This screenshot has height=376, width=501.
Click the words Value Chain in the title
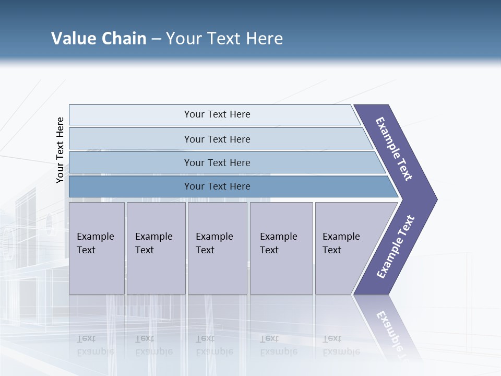[x=99, y=39]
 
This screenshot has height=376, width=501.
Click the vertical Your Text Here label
[x=60, y=150]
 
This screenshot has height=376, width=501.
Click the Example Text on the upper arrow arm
[x=394, y=149]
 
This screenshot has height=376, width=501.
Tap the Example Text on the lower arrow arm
[x=396, y=246]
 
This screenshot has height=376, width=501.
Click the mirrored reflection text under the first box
[x=95, y=345]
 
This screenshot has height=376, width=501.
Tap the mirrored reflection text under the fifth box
[x=341, y=345]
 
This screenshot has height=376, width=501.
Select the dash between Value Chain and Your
[x=156, y=39]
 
